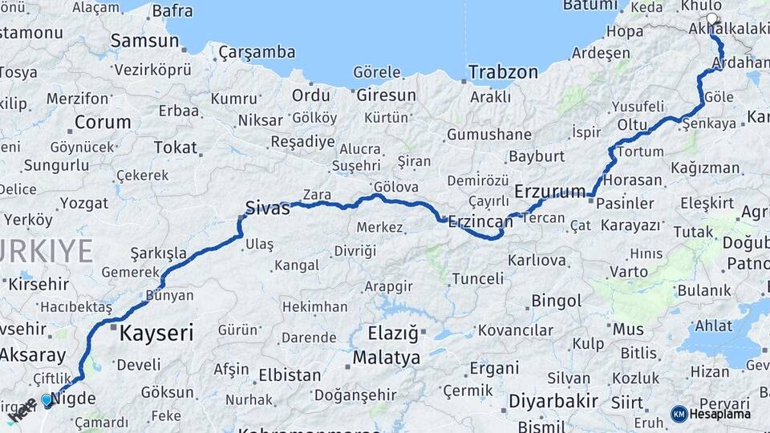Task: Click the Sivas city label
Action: pyautogui.click(x=268, y=208)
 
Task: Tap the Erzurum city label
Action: pyautogui.click(x=550, y=192)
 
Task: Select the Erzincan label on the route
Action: pyautogui.click(x=480, y=221)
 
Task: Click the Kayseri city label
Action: pyautogui.click(x=156, y=333)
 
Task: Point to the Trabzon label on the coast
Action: pyautogui.click(x=503, y=72)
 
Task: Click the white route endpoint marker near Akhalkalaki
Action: pyautogui.click(x=711, y=18)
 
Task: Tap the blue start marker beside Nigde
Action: pyautogui.click(x=47, y=399)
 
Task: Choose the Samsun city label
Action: pyautogui.click(x=144, y=40)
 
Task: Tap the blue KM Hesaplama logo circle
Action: pyautogui.click(x=679, y=414)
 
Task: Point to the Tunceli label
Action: pyautogui.click(x=477, y=279)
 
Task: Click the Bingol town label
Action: pyautogui.click(x=557, y=301)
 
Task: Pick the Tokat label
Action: pyautogui.click(x=175, y=148)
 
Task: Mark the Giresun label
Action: pyautogui.click(x=386, y=95)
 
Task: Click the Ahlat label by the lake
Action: pyautogui.click(x=713, y=326)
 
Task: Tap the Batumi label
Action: pyautogui.click(x=590, y=5)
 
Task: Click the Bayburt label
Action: pyautogui.click(x=537, y=156)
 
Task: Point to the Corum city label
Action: pyautogui.click(x=103, y=123)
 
